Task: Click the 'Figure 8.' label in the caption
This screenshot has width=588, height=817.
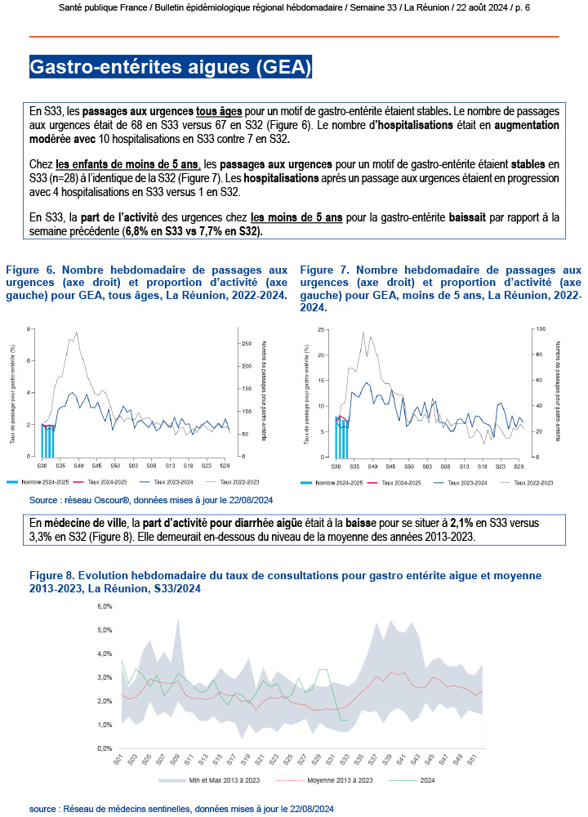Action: [x=55, y=576]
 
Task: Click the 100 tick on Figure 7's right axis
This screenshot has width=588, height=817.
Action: [x=539, y=328]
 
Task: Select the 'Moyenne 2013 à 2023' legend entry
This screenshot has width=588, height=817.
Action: [x=336, y=781]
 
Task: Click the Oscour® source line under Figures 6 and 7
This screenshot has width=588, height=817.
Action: [x=151, y=500]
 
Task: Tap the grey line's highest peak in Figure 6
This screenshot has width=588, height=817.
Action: [x=77, y=333]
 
